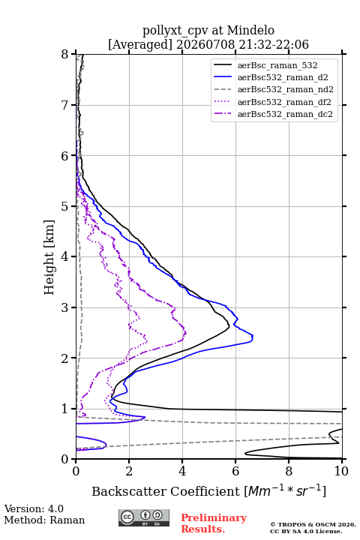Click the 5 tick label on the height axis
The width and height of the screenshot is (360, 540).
pyautogui.click(x=64, y=206)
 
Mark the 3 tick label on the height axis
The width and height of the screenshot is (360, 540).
pyautogui.click(x=64, y=307)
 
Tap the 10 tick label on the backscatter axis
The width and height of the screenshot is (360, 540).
pyautogui.click(x=341, y=471)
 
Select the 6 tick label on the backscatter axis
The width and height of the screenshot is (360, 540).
pyautogui.click(x=235, y=471)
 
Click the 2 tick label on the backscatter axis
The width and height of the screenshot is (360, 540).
pyautogui.click(x=129, y=471)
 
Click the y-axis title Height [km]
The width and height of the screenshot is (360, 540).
pyautogui.click(x=49, y=257)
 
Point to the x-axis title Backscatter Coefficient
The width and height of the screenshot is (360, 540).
pyautogui.click(x=165, y=491)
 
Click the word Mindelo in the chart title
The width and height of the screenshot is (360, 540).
pyautogui.click(x=250, y=30)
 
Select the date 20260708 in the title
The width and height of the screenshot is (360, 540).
pyautogui.click(x=205, y=45)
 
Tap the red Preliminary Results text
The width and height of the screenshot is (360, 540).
pyautogui.click(x=214, y=523)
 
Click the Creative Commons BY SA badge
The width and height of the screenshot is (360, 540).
pyautogui.click(x=144, y=517)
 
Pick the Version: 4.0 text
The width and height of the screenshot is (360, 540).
pyautogui.click(x=34, y=508)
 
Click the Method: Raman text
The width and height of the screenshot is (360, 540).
pyautogui.click(x=44, y=520)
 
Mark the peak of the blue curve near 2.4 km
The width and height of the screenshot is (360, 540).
pyautogui.click(x=253, y=337)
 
